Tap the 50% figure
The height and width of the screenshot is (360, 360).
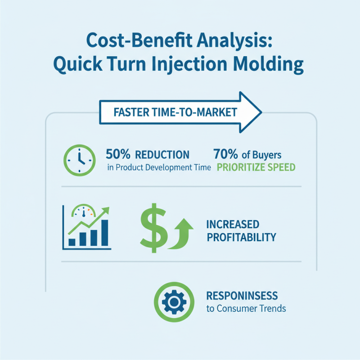[x=118, y=154]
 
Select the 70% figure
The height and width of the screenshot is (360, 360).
[x=225, y=154]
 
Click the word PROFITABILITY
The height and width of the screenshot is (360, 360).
[x=241, y=237]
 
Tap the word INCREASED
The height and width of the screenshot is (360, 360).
[x=233, y=224]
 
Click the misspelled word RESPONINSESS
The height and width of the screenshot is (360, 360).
[x=242, y=296]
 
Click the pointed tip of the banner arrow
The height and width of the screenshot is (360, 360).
[x=261, y=112]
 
